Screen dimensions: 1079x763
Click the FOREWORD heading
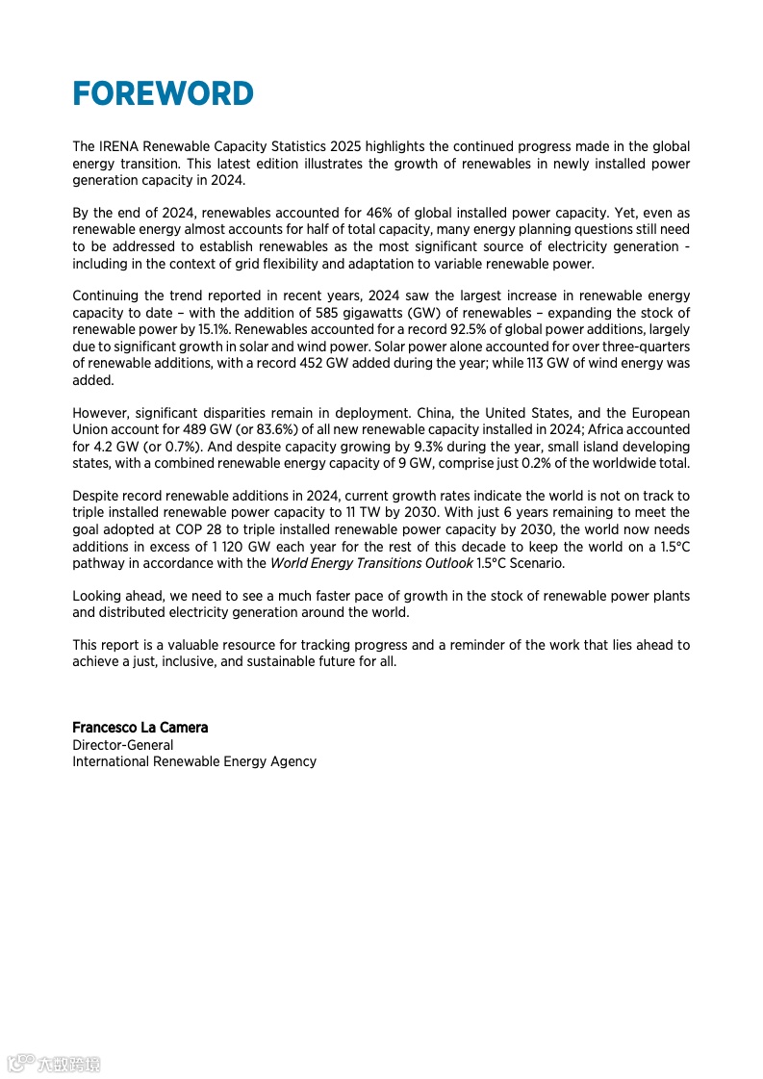click(163, 94)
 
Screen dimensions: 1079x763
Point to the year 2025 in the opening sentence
click(345, 147)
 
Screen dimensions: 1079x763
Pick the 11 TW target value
click(389, 513)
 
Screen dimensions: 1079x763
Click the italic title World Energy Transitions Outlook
click(371, 563)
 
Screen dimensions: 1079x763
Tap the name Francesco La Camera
click(140, 728)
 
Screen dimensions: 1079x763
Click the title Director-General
click(123, 745)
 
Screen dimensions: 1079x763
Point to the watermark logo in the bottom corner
click(54, 1064)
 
